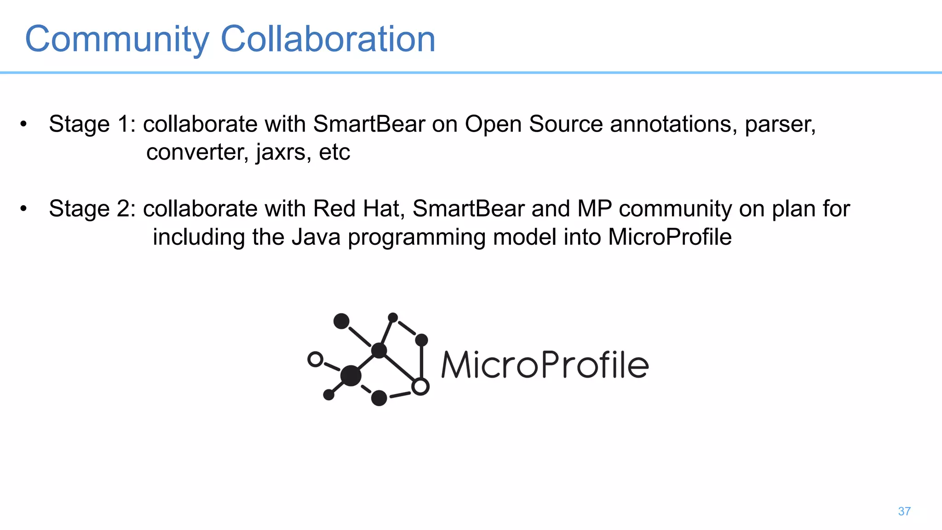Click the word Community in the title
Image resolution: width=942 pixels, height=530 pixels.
coord(117,40)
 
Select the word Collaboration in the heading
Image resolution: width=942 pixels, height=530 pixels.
coord(328,39)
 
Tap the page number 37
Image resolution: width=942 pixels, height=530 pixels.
coord(904,511)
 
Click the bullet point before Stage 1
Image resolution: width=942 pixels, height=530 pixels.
coord(23,124)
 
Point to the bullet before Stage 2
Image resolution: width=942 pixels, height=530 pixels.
coord(23,208)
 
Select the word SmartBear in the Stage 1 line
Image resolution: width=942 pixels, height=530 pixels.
coord(369,124)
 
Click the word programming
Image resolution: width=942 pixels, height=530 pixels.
coord(416,238)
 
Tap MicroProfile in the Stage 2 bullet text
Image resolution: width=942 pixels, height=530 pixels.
coord(670,237)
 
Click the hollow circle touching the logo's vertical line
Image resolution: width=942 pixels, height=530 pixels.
coord(420,386)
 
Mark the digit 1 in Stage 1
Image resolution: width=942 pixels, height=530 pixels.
coord(123,124)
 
